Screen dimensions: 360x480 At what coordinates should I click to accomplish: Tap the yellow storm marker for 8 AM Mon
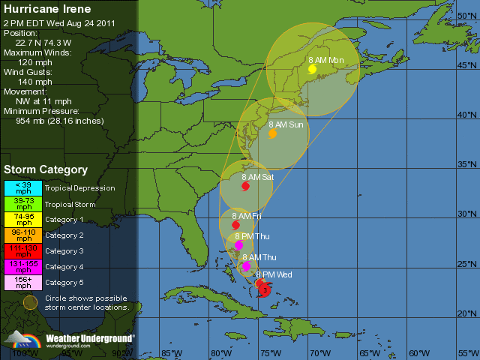click(x=312, y=69)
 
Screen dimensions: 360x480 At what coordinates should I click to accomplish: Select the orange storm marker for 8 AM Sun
click(x=272, y=133)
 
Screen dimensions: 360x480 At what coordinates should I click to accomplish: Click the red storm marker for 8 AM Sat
click(x=245, y=186)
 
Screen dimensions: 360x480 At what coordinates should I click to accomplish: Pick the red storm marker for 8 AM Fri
click(x=235, y=225)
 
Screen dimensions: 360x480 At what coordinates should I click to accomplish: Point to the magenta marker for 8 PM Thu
click(x=238, y=245)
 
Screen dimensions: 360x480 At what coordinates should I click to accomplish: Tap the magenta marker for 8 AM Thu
click(x=246, y=266)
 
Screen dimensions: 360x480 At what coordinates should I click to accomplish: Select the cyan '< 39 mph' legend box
click(x=24, y=187)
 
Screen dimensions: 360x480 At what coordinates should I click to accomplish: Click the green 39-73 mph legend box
click(x=24, y=204)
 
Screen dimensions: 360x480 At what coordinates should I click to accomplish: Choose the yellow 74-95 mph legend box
click(x=24, y=219)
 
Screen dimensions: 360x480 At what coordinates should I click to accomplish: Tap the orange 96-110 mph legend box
click(x=24, y=235)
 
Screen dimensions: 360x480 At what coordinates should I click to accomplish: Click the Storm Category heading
click(x=46, y=170)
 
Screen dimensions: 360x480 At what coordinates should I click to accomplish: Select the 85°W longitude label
click(x=172, y=353)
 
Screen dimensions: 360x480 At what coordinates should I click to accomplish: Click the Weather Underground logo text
click(x=90, y=338)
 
